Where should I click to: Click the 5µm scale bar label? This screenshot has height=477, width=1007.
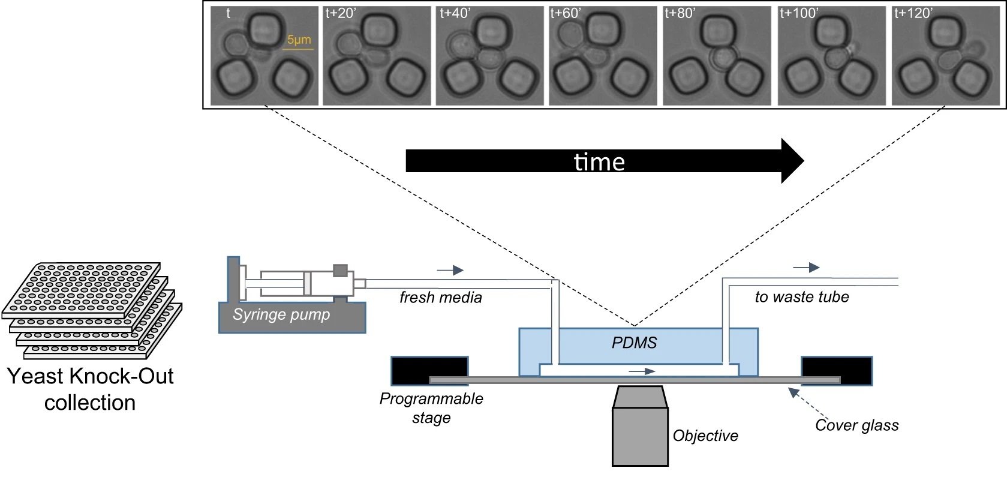299,40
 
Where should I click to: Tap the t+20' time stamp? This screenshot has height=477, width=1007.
340,13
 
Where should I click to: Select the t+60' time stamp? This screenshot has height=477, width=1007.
566,13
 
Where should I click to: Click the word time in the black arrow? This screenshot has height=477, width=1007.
599,162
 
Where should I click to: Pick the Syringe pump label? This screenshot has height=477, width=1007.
281,314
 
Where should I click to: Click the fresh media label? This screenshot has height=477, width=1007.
441,297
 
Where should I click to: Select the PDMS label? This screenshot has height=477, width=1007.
635,343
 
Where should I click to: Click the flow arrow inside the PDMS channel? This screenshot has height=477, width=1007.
642,371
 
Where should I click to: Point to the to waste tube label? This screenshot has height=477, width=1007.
802,296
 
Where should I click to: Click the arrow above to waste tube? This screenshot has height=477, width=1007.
806,268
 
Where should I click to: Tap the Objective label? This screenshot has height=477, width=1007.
705,436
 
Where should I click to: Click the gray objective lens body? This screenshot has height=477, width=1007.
640,435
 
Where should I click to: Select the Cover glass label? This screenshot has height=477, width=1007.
856,425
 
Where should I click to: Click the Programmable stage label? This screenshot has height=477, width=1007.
431,408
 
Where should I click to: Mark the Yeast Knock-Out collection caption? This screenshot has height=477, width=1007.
90,389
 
